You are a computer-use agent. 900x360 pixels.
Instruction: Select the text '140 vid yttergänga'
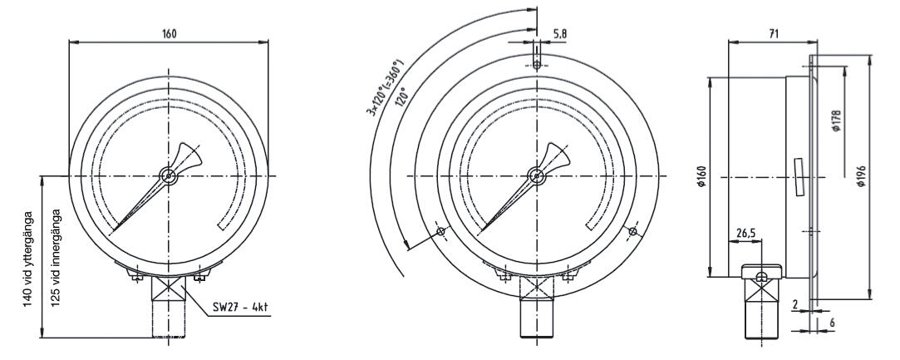pyautogui.click(x=29, y=258)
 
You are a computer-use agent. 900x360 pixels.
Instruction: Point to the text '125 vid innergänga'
pyautogui.click(x=56, y=258)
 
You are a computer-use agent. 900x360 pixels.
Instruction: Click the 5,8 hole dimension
pyautogui.click(x=561, y=34)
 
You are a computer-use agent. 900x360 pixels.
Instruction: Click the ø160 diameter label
pyautogui.click(x=701, y=177)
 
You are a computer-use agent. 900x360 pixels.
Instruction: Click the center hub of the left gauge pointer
pyautogui.click(x=170, y=175)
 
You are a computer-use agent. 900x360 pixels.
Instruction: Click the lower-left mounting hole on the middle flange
pyautogui.click(x=440, y=231)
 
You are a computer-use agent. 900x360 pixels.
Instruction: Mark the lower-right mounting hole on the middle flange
pyautogui.click(x=634, y=231)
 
